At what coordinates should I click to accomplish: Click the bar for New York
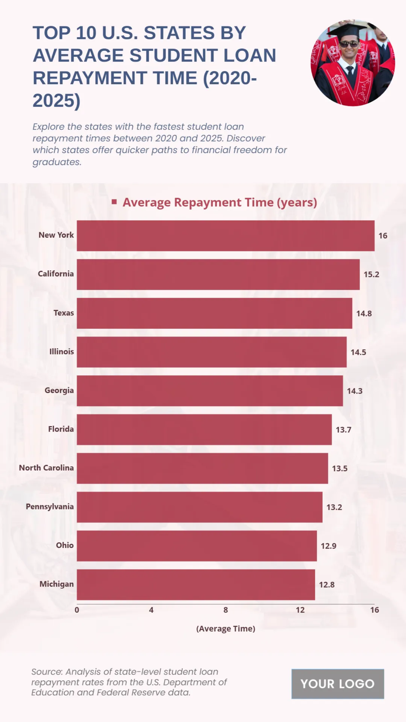point(225,236)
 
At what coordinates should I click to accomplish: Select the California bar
point(218,275)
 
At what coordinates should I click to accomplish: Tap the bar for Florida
point(204,430)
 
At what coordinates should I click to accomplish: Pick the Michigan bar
point(196,585)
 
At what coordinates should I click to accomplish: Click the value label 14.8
point(364,313)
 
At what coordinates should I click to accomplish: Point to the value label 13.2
point(334,507)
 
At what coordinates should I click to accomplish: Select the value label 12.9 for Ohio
point(329,546)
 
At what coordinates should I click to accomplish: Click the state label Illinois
point(61,352)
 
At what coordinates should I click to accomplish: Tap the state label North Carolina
point(46,468)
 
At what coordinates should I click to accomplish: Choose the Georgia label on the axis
point(59,390)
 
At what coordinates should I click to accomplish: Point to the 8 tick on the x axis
point(226,610)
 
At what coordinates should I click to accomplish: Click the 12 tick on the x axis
point(300,610)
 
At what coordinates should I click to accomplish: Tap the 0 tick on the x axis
point(77,610)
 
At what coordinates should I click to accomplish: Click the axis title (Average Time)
point(226,629)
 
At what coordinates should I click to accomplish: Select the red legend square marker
point(114,202)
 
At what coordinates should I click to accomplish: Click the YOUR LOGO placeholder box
point(338,684)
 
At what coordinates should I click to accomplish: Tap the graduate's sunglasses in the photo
point(348,44)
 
